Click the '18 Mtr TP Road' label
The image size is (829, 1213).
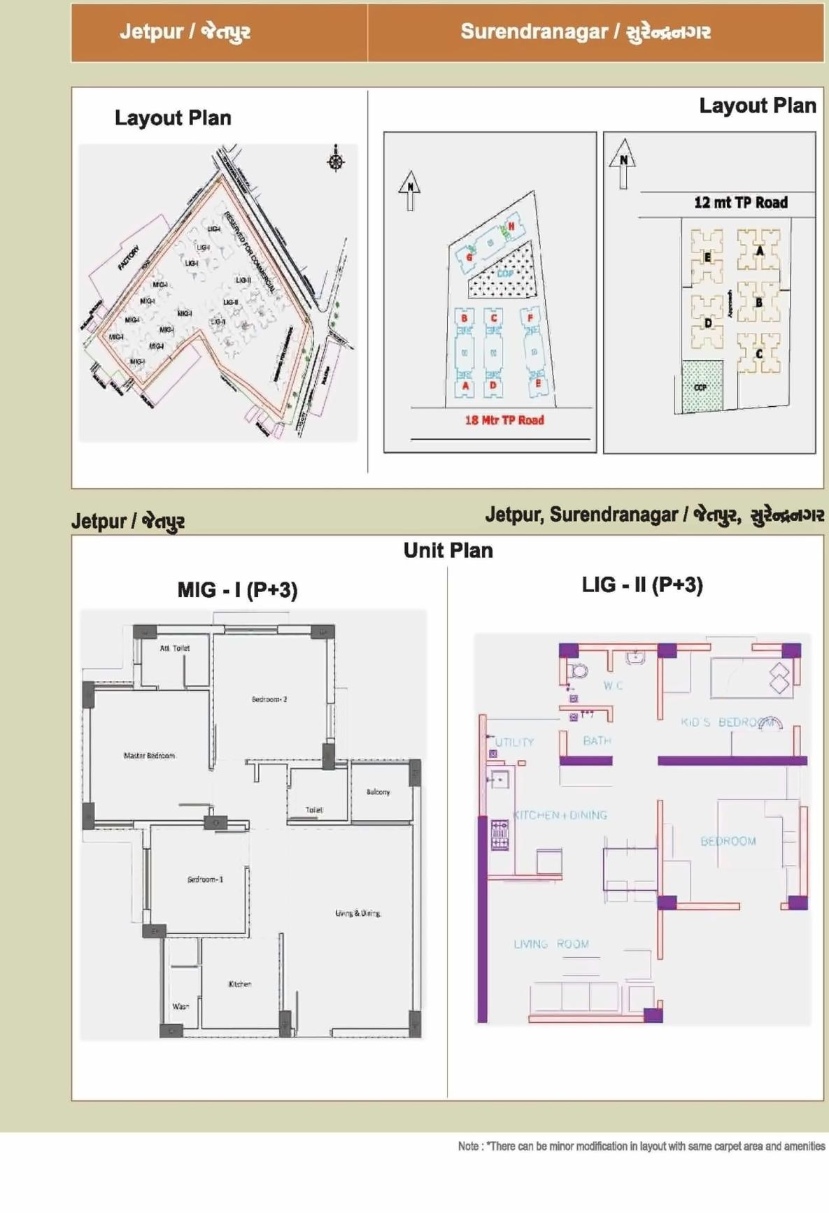pos(504,420)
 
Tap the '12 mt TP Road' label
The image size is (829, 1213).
pos(740,203)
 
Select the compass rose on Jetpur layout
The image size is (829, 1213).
pos(336,160)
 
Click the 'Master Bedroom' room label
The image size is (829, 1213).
pos(149,756)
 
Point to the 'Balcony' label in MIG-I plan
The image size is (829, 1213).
pos(378,792)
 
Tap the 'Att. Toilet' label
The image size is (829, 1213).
pos(174,648)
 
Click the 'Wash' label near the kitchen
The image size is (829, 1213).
pos(180,1006)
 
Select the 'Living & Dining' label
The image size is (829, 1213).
pos(357,913)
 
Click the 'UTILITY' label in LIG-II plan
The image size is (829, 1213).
pos(514,742)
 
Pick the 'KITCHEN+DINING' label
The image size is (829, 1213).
pos(560,815)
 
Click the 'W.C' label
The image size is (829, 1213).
pos(613,686)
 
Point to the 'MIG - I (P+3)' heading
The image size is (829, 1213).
pos(237,590)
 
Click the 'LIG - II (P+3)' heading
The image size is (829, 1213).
pos(642,584)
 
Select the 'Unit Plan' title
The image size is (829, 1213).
pos(448,550)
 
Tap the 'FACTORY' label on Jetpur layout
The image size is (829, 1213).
pos(128,258)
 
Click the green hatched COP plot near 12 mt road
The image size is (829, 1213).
pos(702,386)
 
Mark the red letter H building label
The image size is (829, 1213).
pos(511,227)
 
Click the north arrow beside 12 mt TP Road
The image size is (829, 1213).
pos(622,163)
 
